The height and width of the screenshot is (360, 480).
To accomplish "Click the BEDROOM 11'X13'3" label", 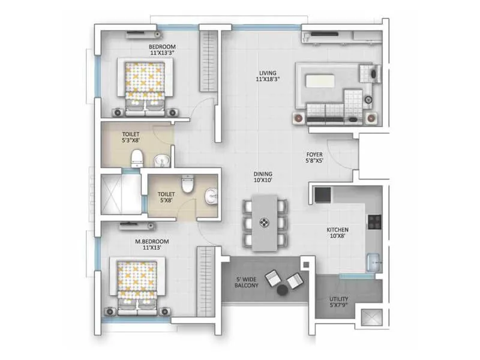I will (x=162, y=49).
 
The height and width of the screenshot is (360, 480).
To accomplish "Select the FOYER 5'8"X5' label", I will (x=314, y=157).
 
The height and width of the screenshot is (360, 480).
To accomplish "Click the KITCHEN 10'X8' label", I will (x=338, y=233).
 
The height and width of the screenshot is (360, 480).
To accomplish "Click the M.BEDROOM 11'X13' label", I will (x=152, y=245).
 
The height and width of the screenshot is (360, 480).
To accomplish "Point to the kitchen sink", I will (x=373, y=260).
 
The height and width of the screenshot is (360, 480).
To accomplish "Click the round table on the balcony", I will (x=281, y=291).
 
